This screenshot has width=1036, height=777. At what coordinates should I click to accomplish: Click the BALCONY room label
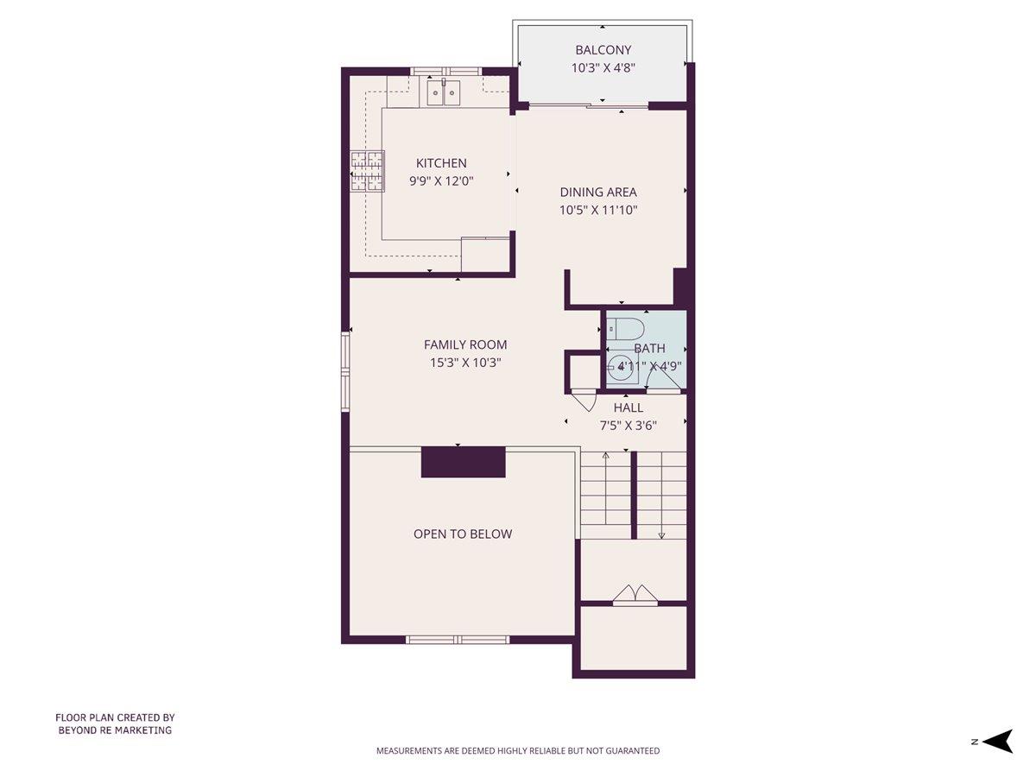click(603, 50)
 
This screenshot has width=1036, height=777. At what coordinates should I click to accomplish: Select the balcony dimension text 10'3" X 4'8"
click(603, 68)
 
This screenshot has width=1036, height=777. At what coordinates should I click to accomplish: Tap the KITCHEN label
click(441, 163)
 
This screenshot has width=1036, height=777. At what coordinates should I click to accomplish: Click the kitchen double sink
click(445, 92)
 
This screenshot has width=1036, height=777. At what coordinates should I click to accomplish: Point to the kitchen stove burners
click(366, 172)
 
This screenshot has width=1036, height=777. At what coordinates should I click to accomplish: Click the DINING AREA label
click(598, 193)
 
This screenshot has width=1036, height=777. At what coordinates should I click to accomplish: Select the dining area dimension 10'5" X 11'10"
click(598, 210)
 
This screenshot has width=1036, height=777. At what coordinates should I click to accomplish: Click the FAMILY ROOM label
click(465, 344)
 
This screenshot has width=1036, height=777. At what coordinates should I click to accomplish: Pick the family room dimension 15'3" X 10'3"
click(465, 363)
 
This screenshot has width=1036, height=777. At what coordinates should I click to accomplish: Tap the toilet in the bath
click(623, 329)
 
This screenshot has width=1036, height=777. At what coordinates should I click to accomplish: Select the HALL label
click(628, 407)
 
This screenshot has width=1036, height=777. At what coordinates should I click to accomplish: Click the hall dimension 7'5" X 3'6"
click(628, 425)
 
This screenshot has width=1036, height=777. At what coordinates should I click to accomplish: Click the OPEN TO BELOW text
click(463, 534)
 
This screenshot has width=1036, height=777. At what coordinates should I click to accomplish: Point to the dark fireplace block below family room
click(463, 462)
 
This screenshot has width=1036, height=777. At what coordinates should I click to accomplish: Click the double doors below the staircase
click(635, 594)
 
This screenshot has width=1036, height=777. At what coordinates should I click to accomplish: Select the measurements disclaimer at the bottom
click(518, 751)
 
